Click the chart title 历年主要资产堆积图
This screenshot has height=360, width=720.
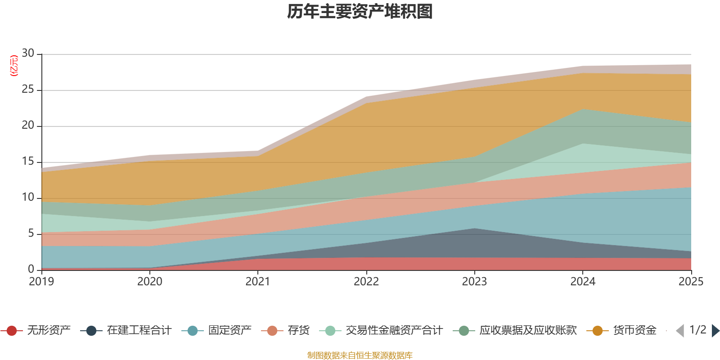(x=360, y=12)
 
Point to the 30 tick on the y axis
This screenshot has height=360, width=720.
(x=28, y=54)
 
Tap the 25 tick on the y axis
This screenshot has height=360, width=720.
(x=28, y=90)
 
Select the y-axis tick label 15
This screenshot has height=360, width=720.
(x=28, y=162)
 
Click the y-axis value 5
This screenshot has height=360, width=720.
(x=31, y=234)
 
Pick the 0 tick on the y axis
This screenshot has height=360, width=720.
(x=31, y=270)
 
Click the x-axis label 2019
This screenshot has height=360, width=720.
(x=41, y=282)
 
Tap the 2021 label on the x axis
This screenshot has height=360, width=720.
(x=258, y=282)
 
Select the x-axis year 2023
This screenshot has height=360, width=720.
(x=474, y=282)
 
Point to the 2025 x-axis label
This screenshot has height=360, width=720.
(x=691, y=282)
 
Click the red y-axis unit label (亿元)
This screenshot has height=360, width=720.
(x=14, y=66)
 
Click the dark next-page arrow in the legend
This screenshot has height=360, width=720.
(x=715, y=331)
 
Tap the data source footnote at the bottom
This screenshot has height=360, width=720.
(x=360, y=355)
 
